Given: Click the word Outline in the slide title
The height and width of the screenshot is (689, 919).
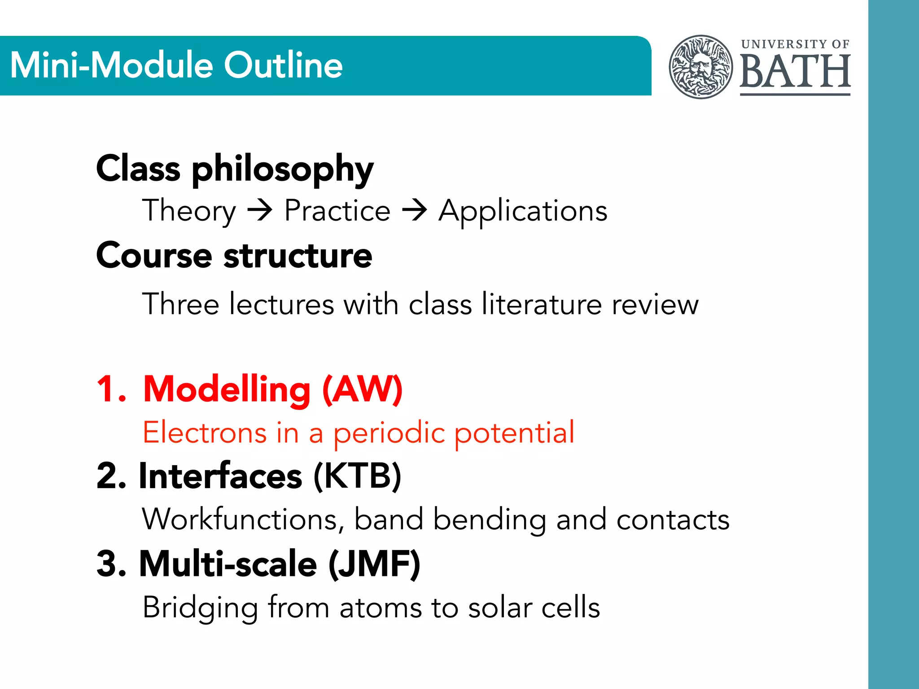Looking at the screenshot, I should pos(283,65).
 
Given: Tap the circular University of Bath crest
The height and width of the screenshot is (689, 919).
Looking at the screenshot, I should pos(700,67).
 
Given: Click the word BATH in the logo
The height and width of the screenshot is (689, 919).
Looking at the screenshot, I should pos(795,72).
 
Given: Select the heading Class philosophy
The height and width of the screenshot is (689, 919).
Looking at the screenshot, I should pos(235,169).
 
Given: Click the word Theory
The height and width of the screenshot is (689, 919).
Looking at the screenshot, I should pos(189,211).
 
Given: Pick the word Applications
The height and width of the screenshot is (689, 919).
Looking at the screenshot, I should pos(523,211).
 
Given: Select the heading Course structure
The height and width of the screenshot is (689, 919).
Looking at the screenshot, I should pos(234,256).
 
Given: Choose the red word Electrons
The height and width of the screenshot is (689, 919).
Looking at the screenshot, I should pos(205,432).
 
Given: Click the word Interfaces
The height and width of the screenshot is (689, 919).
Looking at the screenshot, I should pos(220,475).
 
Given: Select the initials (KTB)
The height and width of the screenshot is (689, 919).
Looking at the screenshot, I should pos(357,475).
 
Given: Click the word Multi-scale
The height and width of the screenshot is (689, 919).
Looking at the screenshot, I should pos(228,563).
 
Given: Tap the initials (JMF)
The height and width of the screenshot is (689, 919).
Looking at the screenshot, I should pos(374,563).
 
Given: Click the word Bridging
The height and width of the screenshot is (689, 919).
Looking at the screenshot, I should pos(200,607).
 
